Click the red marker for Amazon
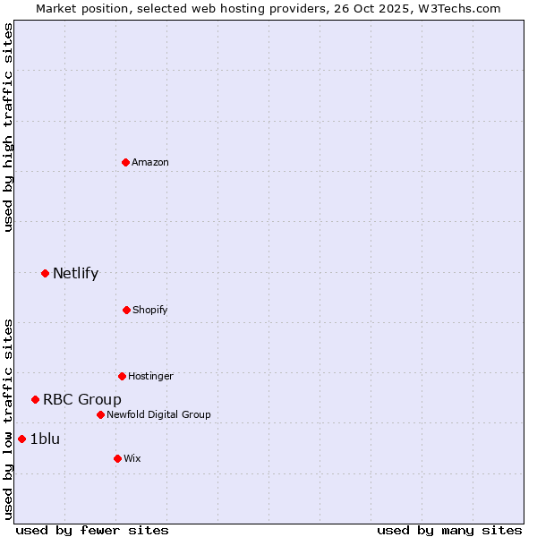126,162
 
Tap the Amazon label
150,162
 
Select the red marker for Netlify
45,273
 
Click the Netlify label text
75,274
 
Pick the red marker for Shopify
126,310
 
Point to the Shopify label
150,310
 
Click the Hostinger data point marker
122,376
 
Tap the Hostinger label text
150,376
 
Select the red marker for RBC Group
35,399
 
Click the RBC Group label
82,400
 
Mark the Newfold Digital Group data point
100,414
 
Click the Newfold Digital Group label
158,414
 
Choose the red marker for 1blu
21,439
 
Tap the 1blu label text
45,439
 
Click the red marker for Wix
117,458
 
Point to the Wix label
132,458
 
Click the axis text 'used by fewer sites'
92,531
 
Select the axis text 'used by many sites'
449,531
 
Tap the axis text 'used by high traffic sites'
8,127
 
